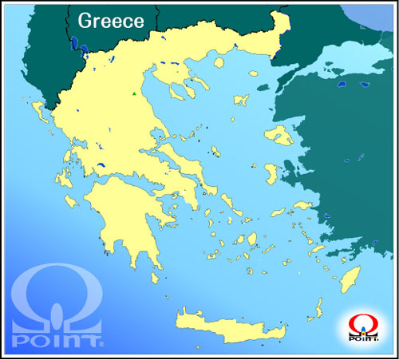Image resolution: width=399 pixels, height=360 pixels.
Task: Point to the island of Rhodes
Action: pos(349,280)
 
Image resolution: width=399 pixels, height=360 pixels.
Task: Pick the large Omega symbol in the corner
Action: pos(57,295)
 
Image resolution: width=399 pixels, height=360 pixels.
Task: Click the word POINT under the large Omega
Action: pos(57,341)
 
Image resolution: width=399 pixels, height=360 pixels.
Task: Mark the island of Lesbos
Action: pos(279,133)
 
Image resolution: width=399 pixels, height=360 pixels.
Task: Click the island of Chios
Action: pos(272,173)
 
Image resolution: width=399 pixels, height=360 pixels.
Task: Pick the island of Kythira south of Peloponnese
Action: pos(156,275)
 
